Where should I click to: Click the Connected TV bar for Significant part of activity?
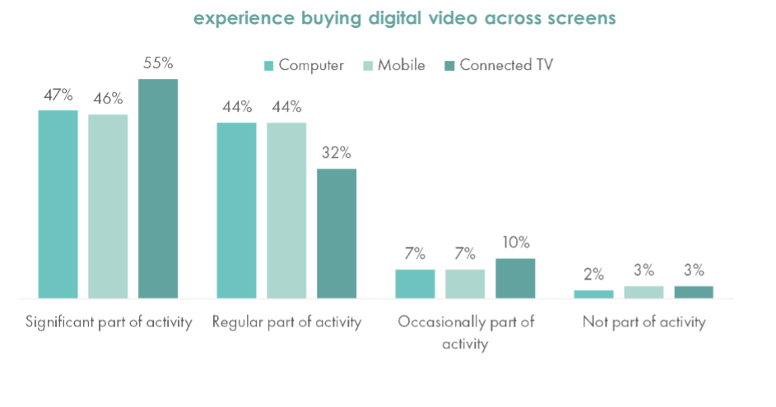158,188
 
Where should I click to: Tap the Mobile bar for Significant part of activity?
109,206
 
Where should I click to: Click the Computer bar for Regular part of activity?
237,210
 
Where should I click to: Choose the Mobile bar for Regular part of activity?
286,210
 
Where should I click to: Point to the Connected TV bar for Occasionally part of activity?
515,278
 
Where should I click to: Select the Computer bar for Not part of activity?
594,294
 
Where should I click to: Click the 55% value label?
158,64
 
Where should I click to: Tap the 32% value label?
337,154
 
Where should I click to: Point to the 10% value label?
515,243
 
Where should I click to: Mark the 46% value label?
109,99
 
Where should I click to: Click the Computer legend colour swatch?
268,67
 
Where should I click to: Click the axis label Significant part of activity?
109,322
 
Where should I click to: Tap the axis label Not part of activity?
644,322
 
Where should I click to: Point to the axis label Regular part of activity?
287,322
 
